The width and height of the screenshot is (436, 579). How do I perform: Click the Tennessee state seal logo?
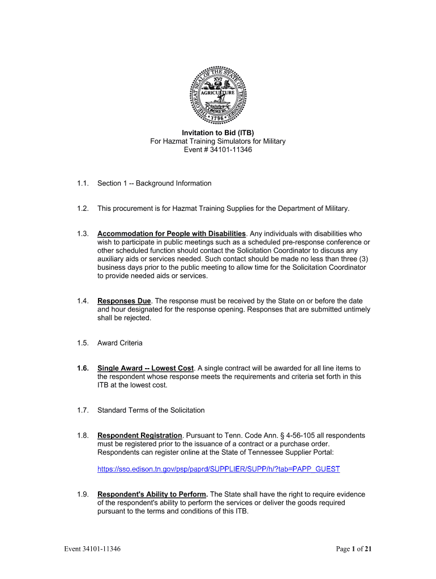click(218, 93)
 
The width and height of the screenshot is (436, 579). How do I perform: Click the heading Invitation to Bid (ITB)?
click(217, 132)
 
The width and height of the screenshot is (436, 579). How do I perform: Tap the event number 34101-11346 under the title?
click(230, 150)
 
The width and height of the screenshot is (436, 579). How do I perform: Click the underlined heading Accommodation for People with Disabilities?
click(172, 234)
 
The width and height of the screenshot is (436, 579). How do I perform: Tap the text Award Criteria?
click(120, 343)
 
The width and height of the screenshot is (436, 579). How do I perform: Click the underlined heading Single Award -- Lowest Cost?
click(146, 368)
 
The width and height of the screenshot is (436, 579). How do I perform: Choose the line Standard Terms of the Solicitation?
click(151, 410)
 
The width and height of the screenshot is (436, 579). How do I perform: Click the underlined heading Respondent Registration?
click(140, 435)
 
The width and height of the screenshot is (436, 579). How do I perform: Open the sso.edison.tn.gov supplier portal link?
click(219, 469)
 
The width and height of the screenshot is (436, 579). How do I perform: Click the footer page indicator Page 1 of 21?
click(354, 549)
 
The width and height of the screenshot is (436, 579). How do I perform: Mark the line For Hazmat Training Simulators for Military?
click(217, 141)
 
